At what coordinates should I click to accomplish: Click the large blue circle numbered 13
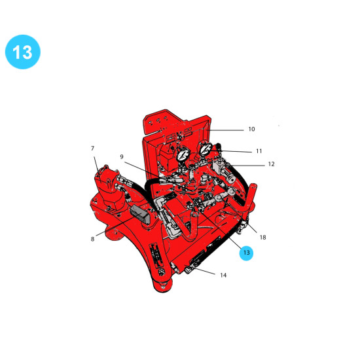click(23, 52)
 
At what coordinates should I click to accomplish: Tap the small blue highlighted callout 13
click(246, 253)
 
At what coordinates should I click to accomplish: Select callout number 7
click(92, 149)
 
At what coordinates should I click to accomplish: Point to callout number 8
click(92, 239)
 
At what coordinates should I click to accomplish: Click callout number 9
click(122, 156)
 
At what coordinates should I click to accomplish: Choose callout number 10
click(251, 129)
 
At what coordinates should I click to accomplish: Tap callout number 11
click(259, 151)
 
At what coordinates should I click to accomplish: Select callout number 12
click(271, 164)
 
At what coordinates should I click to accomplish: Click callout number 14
click(223, 275)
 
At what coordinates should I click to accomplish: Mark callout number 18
click(262, 237)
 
